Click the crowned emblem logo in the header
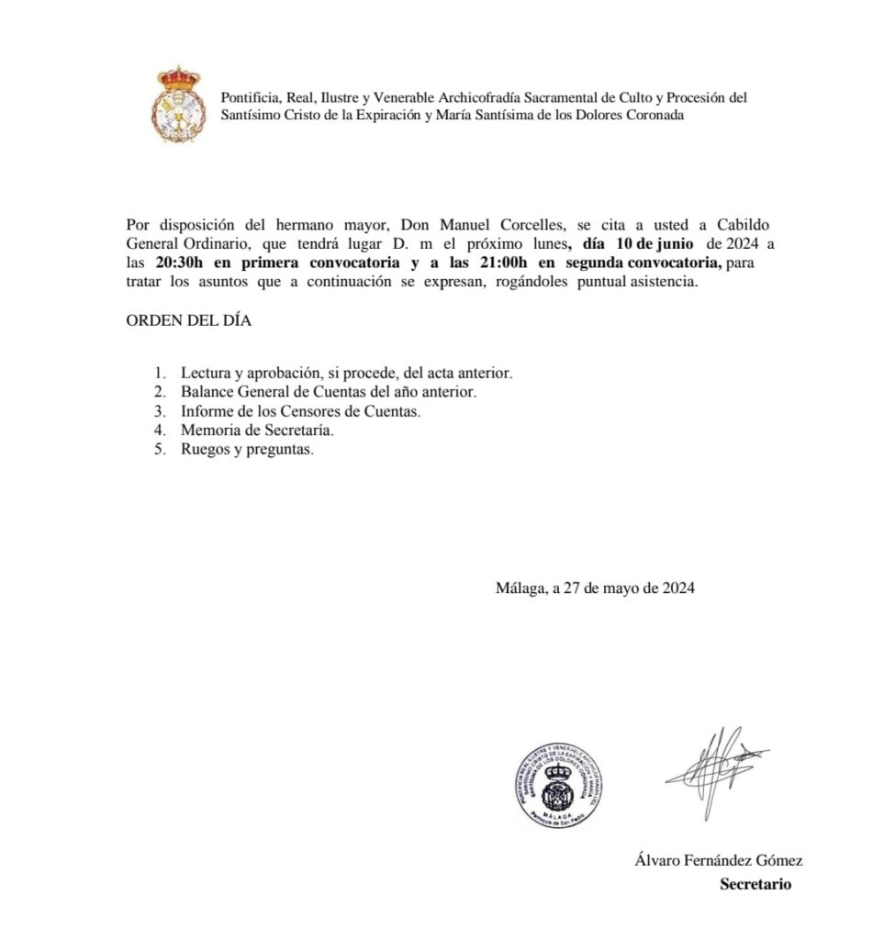point(178,104)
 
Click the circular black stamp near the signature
point(558,785)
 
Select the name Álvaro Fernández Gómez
point(718,860)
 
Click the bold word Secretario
point(755,885)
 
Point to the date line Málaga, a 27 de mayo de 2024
point(594,588)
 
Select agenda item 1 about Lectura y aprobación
point(346,374)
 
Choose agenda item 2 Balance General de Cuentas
point(329,393)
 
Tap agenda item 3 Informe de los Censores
point(300,412)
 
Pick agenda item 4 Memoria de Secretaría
point(257,431)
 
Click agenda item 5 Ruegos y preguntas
point(247,450)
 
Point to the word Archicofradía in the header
point(463,97)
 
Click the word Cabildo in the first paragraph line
point(743,225)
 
